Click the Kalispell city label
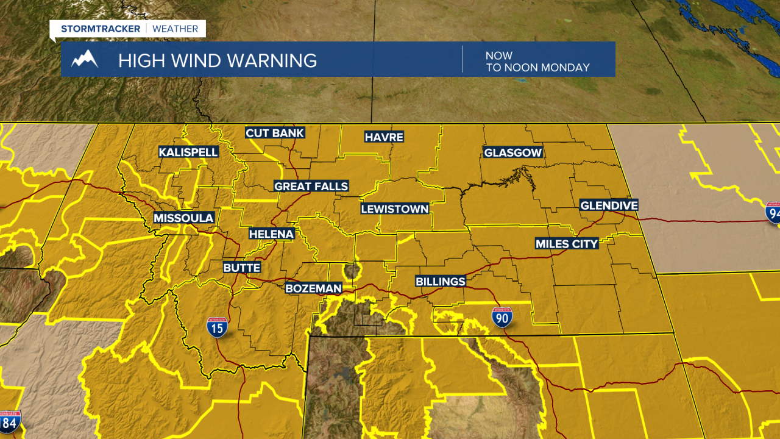point(188,152)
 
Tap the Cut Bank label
point(274,133)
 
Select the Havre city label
point(384,137)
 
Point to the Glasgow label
point(512,152)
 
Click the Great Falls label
point(311,186)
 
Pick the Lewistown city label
point(395,209)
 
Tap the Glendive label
point(608,205)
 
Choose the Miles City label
point(567,244)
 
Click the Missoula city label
point(183,218)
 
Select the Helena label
point(271,234)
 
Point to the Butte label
point(242,268)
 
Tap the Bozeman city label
point(314,288)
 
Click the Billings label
point(440,281)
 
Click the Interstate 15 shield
point(218,327)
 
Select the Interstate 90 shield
point(502,317)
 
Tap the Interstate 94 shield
point(773,212)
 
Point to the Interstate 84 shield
point(10,422)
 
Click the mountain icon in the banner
point(85,60)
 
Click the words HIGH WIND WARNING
point(218,60)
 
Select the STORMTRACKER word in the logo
point(101,29)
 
